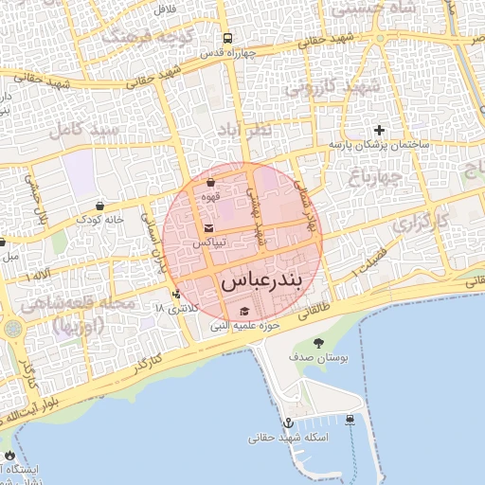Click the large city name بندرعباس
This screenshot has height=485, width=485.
coord(259,281)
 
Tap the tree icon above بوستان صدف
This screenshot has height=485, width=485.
coord(316,344)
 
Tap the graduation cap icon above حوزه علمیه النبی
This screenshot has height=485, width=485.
coord(243,312)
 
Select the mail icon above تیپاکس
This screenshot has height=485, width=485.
coord(208,228)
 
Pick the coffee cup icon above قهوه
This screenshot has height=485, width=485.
coord(210,183)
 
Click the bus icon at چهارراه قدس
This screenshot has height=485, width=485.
coord(227,39)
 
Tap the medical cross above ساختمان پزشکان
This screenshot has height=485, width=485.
coord(379,130)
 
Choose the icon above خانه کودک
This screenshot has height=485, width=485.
coord(99,205)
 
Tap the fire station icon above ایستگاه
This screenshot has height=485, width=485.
coord(10,456)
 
